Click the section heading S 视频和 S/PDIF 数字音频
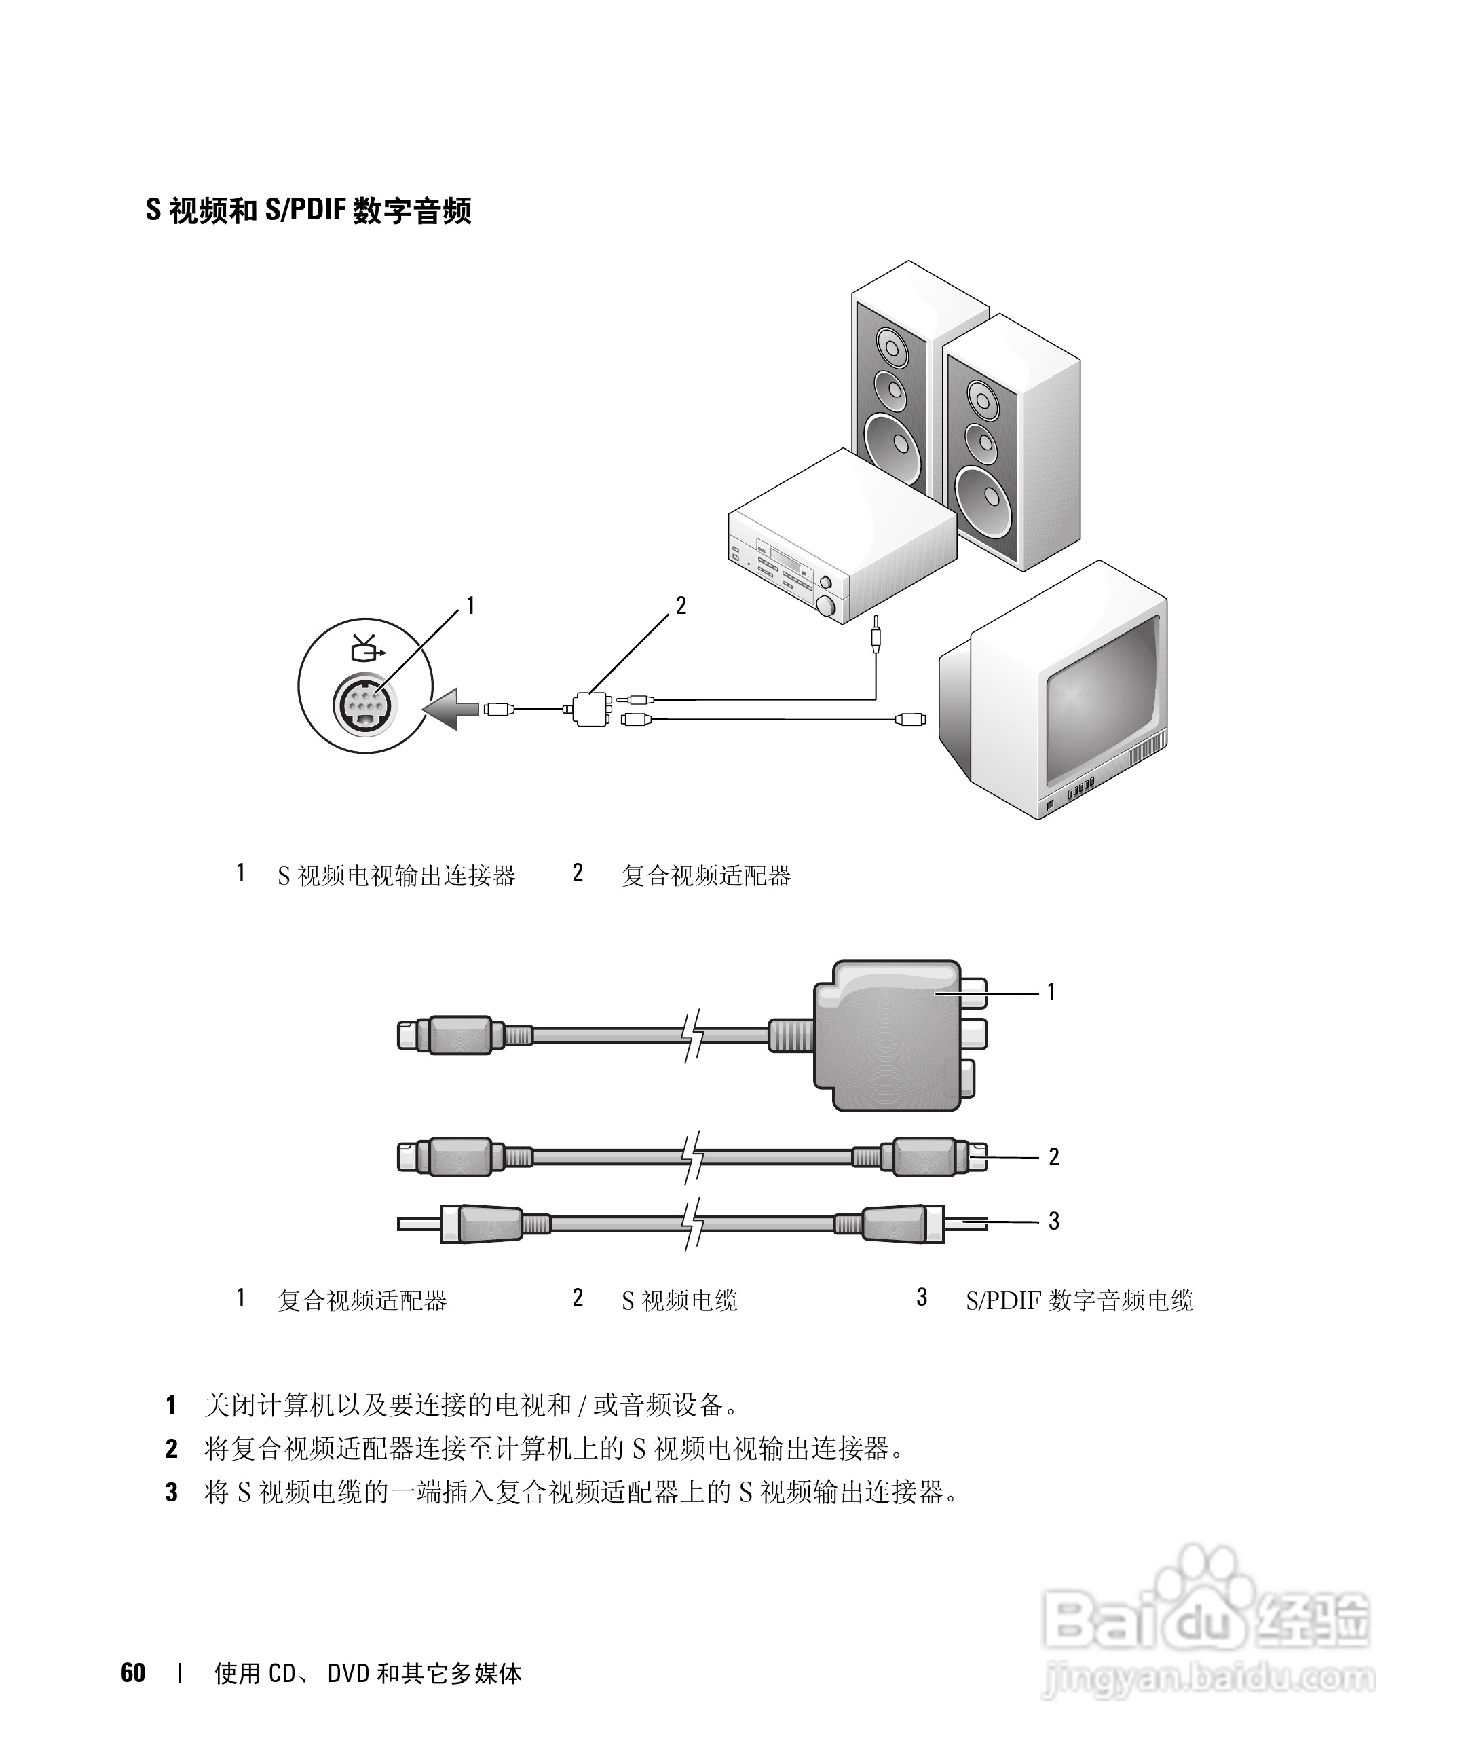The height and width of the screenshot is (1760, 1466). coord(308,210)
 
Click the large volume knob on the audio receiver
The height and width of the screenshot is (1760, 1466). coord(827,606)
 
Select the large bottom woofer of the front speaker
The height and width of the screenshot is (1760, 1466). coord(986,498)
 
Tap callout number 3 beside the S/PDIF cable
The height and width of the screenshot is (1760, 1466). coord(1054,1221)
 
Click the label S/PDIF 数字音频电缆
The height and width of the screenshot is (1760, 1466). coord(1079,1301)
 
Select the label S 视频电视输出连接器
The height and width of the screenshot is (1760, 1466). coord(396,876)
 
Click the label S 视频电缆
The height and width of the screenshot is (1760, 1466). coord(679,1301)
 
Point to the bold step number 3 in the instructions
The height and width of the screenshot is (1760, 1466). coord(172,1492)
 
